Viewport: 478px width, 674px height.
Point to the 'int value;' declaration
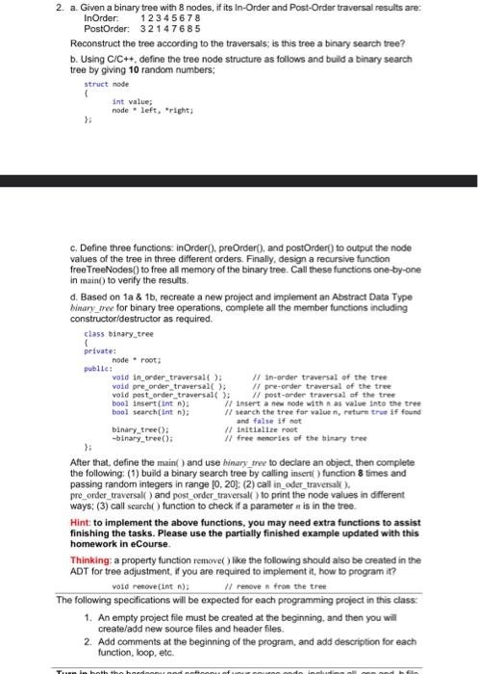coord(133,101)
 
